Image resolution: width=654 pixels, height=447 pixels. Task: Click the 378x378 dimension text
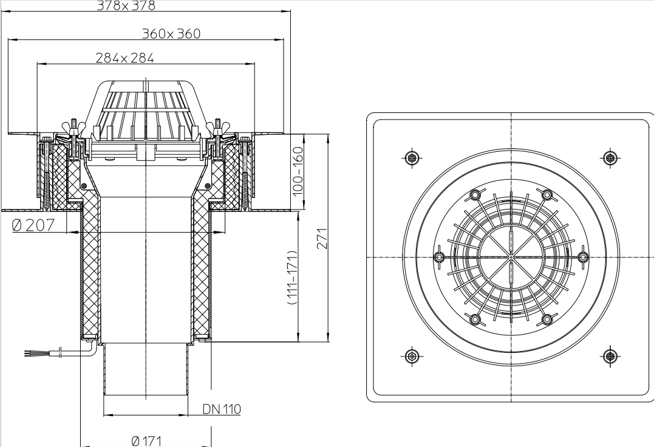pos(126,6)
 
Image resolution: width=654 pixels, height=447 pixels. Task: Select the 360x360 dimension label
pos(171,33)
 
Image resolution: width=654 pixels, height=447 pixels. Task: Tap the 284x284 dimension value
pos(124,58)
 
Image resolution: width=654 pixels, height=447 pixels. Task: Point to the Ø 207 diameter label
pos(33,225)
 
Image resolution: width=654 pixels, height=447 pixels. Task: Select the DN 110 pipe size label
pos(222,409)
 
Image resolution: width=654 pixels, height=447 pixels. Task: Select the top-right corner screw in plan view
pos(610,158)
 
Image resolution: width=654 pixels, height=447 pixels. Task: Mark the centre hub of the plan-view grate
pos(511,257)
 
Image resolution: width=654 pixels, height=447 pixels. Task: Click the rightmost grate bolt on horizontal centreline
pos(584,257)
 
